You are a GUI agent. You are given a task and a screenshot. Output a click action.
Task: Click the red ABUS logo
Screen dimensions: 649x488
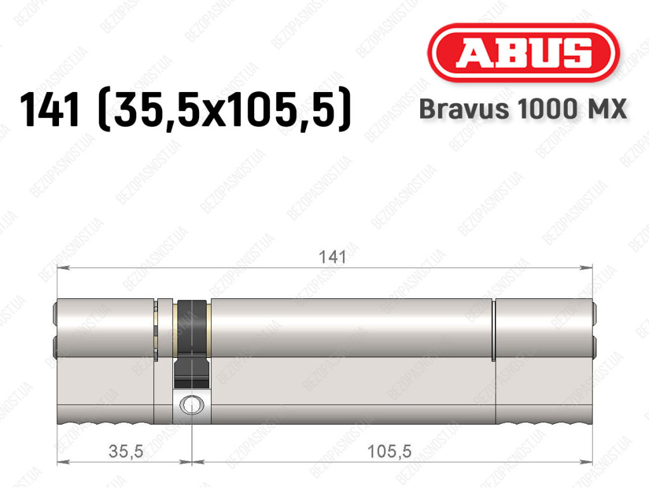[523, 53]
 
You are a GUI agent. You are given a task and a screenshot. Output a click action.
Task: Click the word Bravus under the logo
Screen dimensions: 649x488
[464, 109]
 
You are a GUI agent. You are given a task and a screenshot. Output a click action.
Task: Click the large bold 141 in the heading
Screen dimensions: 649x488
[49, 109]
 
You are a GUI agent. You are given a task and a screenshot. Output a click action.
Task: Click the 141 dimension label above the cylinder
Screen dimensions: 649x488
[332, 257]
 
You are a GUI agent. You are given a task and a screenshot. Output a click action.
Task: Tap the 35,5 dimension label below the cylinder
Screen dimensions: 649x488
[126, 451]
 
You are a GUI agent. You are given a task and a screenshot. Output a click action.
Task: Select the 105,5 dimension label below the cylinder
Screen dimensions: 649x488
[390, 451]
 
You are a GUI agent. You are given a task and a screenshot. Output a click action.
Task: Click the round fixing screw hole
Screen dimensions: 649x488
[191, 404]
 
